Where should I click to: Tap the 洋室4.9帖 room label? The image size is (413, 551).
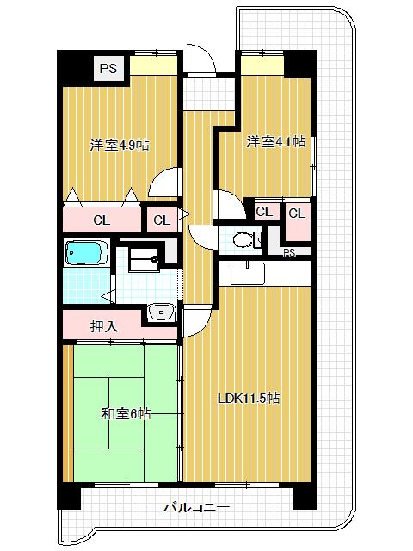[x=120, y=145]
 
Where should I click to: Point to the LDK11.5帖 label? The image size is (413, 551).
[x=248, y=398]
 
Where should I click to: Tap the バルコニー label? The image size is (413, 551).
[x=196, y=508]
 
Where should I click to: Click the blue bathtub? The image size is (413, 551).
[x=85, y=254]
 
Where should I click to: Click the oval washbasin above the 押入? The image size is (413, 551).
[x=159, y=313]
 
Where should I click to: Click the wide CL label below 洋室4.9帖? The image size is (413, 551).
[x=102, y=220]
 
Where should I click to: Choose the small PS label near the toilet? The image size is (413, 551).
[x=290, y=252]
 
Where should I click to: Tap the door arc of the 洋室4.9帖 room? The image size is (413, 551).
[x=163, y=184]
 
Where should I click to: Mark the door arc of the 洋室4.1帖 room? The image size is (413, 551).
[x=227, y=205]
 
